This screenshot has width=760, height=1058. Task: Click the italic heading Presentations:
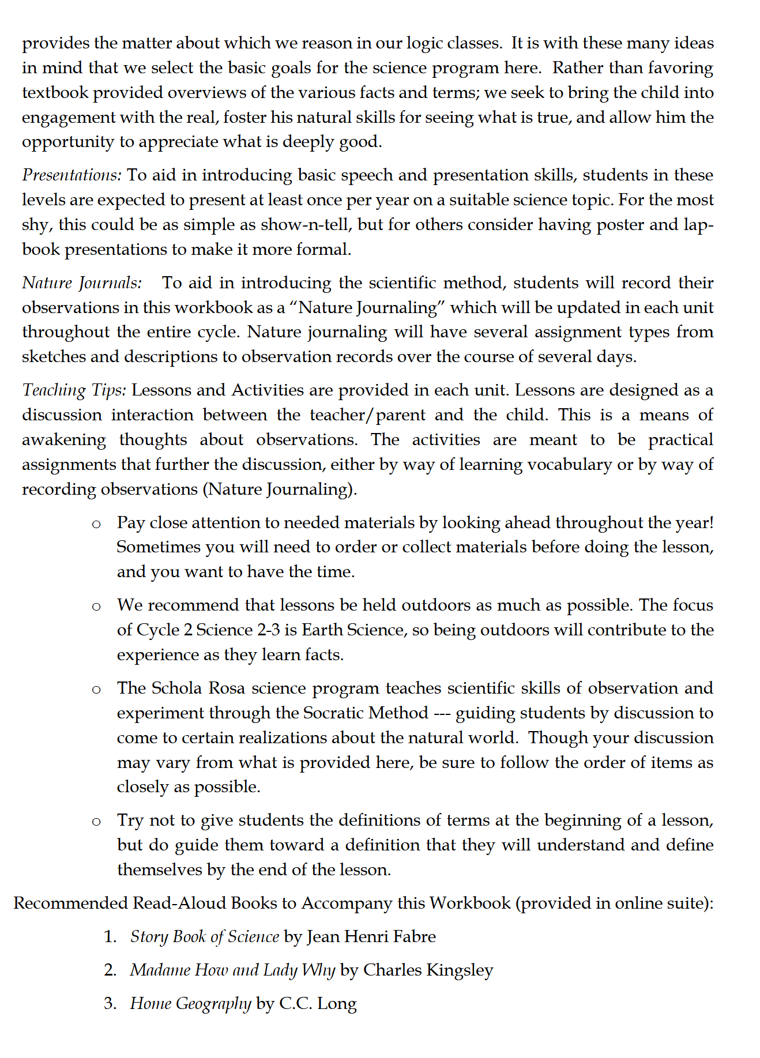[72, 175]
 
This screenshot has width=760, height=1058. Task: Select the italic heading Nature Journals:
[81, 283]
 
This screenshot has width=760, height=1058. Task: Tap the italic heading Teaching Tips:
[74, 390]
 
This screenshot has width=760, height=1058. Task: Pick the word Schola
[176, 688]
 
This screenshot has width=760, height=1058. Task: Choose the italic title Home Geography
[190, 1004]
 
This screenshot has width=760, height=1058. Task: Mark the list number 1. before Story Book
[110, 937]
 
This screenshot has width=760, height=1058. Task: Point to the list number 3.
[110, 1004]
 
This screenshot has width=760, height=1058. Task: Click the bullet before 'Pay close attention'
[96, 524]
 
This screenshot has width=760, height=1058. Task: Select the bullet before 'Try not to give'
[96, 821]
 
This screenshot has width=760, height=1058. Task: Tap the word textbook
[55, 93]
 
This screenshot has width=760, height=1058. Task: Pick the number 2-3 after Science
[269, 630]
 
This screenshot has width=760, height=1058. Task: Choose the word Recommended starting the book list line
[70, 903]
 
